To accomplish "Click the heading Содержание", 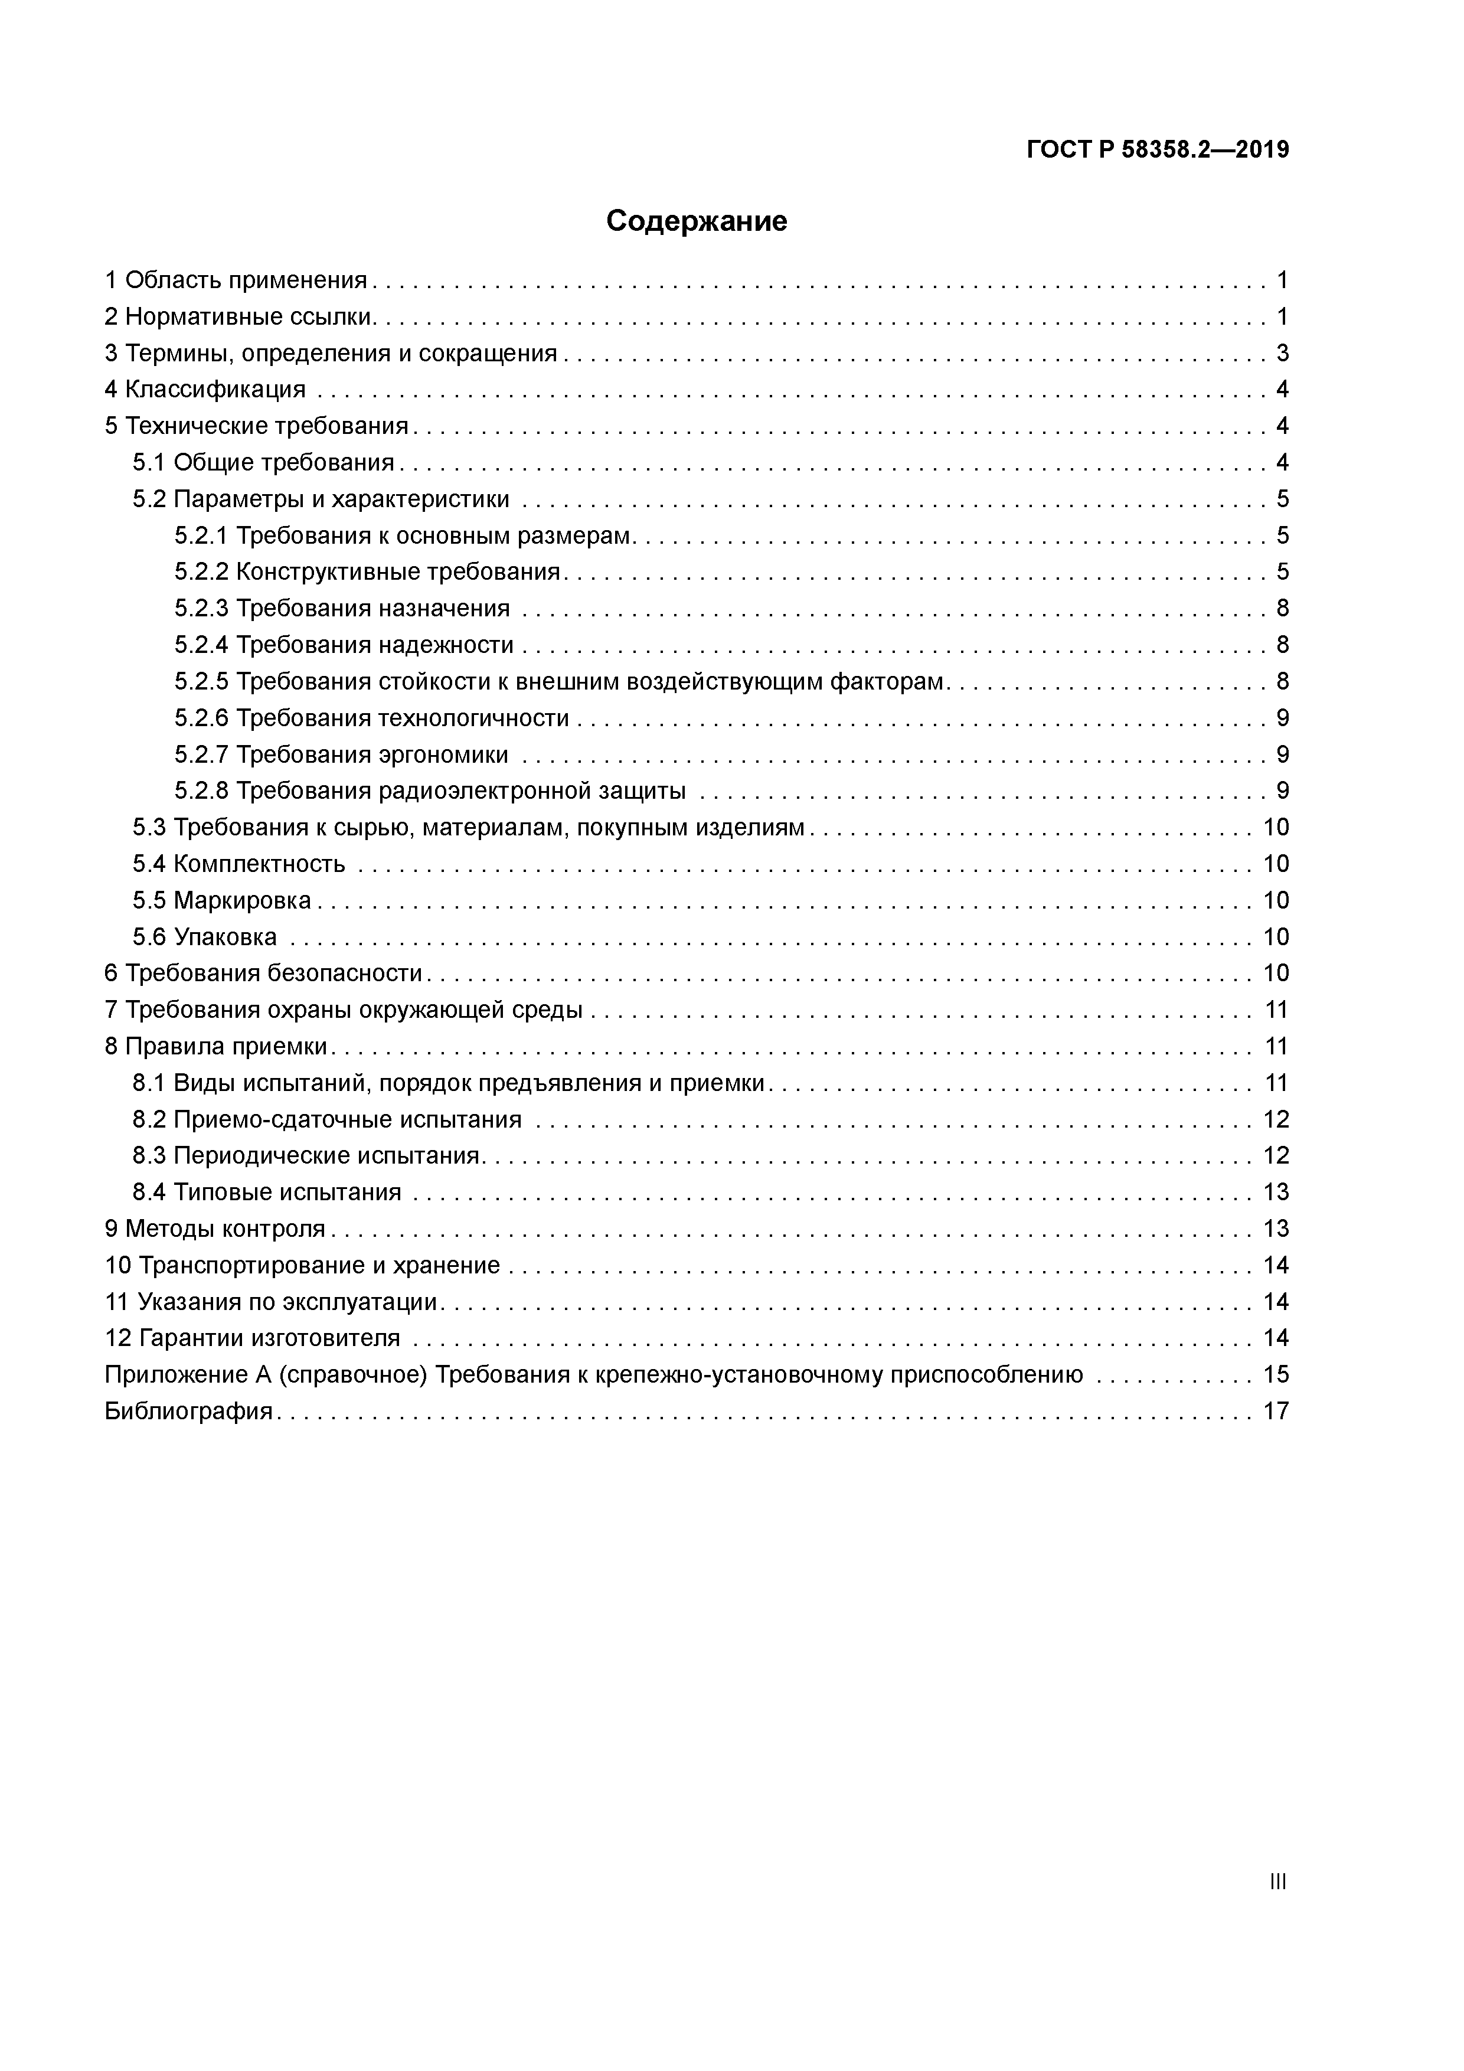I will coord(697,221).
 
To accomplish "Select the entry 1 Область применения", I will coord(236,280).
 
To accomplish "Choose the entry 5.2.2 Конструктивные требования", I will coord(368,572).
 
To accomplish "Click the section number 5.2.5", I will coord(201,682).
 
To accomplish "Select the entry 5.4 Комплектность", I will coord(239,864).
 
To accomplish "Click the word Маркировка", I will coord(242,900).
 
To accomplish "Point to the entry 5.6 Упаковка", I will coord(205,937).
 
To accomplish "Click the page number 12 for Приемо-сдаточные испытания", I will coord(1276,1119).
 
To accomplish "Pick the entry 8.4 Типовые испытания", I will coord(267,1193).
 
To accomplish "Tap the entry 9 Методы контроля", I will coord(215,1229).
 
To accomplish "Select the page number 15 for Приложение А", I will coord(1276,1374).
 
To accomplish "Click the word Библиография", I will coord(188,1411).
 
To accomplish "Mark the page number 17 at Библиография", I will coord(1276,1411).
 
